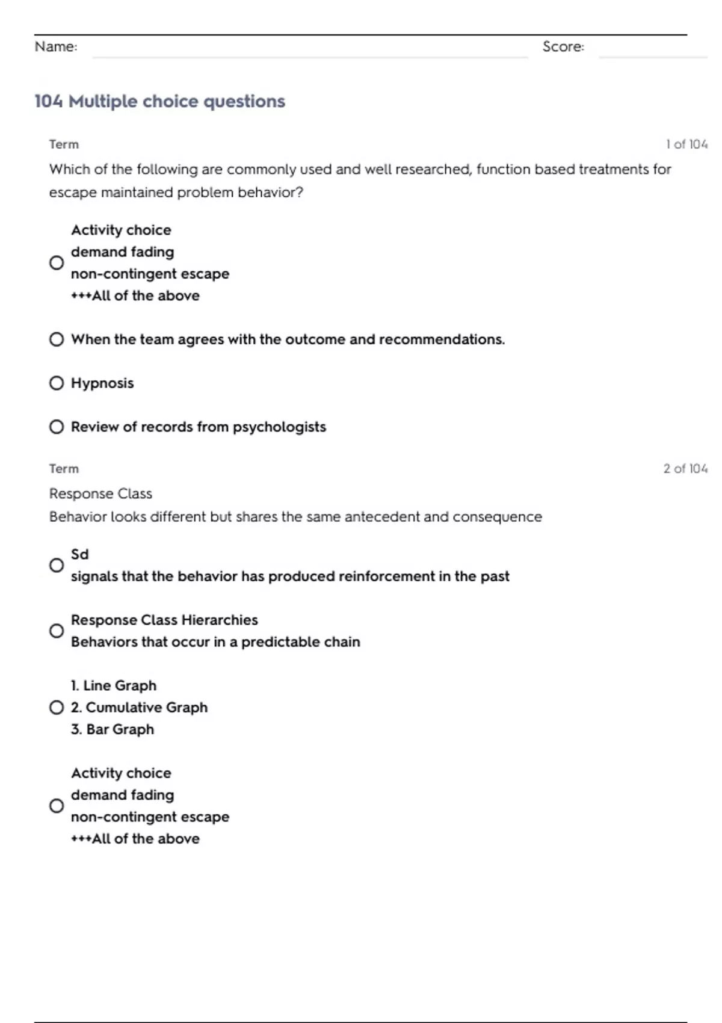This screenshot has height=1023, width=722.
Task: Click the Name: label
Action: point(56,46)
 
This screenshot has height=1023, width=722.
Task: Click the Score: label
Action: point(563,46)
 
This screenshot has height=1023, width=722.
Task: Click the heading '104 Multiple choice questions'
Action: point(159,101)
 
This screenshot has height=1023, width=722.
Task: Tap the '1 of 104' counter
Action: point(687,144)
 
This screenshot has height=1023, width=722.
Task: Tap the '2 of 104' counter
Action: point(685,469)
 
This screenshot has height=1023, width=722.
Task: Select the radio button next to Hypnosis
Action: point(57,383)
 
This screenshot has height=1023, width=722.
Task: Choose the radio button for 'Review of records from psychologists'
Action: point(57,427)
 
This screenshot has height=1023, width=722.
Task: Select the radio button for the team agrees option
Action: point(57,339)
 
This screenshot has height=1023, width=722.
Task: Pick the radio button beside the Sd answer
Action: point(57,566)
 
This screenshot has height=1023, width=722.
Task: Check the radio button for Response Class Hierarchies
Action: point(57,631)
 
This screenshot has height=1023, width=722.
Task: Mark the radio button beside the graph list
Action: point(57,708)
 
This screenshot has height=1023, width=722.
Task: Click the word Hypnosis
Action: point(102,383)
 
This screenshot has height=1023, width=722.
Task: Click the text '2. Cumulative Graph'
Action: point(139,708)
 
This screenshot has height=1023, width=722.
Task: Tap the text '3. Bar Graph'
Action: point(113,729)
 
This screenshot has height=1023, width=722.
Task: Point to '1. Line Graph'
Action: point(114,685)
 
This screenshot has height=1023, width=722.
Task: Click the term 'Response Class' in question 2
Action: point(100,493)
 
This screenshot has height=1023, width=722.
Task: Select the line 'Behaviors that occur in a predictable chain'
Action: point(215,642)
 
